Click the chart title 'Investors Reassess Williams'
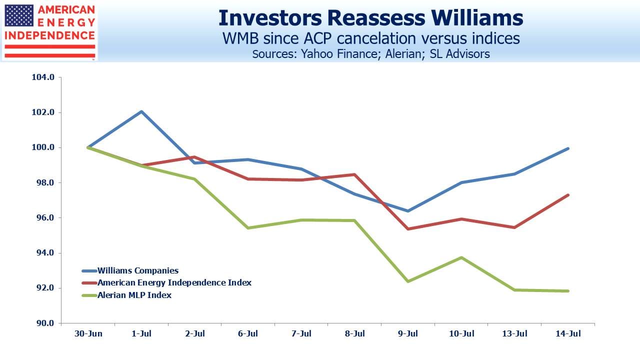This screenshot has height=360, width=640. click(371, 18)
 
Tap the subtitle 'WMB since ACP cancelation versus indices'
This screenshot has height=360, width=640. click(371, 38)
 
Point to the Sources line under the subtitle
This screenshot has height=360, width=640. click(371, 54)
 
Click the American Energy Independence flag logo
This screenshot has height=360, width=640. click(49, 31)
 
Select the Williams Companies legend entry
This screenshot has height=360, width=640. click(130, 270)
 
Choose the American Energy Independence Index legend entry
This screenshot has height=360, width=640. click(166, 283)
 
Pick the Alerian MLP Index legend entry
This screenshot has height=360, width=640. click(126, 295)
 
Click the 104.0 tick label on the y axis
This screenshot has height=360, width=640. click(43, 77)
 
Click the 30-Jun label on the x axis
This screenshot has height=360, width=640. click(88, 333)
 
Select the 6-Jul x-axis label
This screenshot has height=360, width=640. click(248, 333)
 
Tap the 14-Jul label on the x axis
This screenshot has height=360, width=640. click(568, 333)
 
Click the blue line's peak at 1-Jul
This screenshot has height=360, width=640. click(141, 111)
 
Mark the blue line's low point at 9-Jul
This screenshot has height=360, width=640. click(408, 211)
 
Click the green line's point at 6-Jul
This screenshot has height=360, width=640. click(248, 228)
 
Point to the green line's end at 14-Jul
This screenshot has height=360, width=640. click(568, 291)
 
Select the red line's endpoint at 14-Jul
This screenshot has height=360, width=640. click(568, 195)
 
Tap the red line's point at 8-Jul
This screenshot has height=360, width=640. click(354, 174)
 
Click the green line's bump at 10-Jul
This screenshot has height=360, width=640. click(461, 257)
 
